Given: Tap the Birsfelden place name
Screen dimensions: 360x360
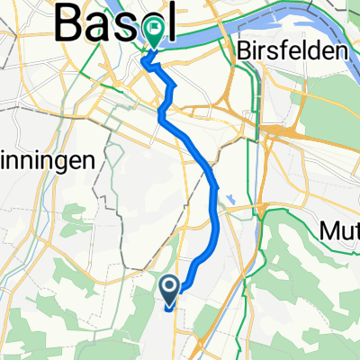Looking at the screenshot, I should pos(293,52).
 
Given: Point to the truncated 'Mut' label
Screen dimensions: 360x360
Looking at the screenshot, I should pos(339,232).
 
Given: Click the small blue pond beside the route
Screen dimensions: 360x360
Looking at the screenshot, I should pos(232,198).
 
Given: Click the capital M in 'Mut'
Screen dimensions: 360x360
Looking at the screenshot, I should pos(328,232).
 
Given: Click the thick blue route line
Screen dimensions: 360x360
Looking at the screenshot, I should pos(214,216).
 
